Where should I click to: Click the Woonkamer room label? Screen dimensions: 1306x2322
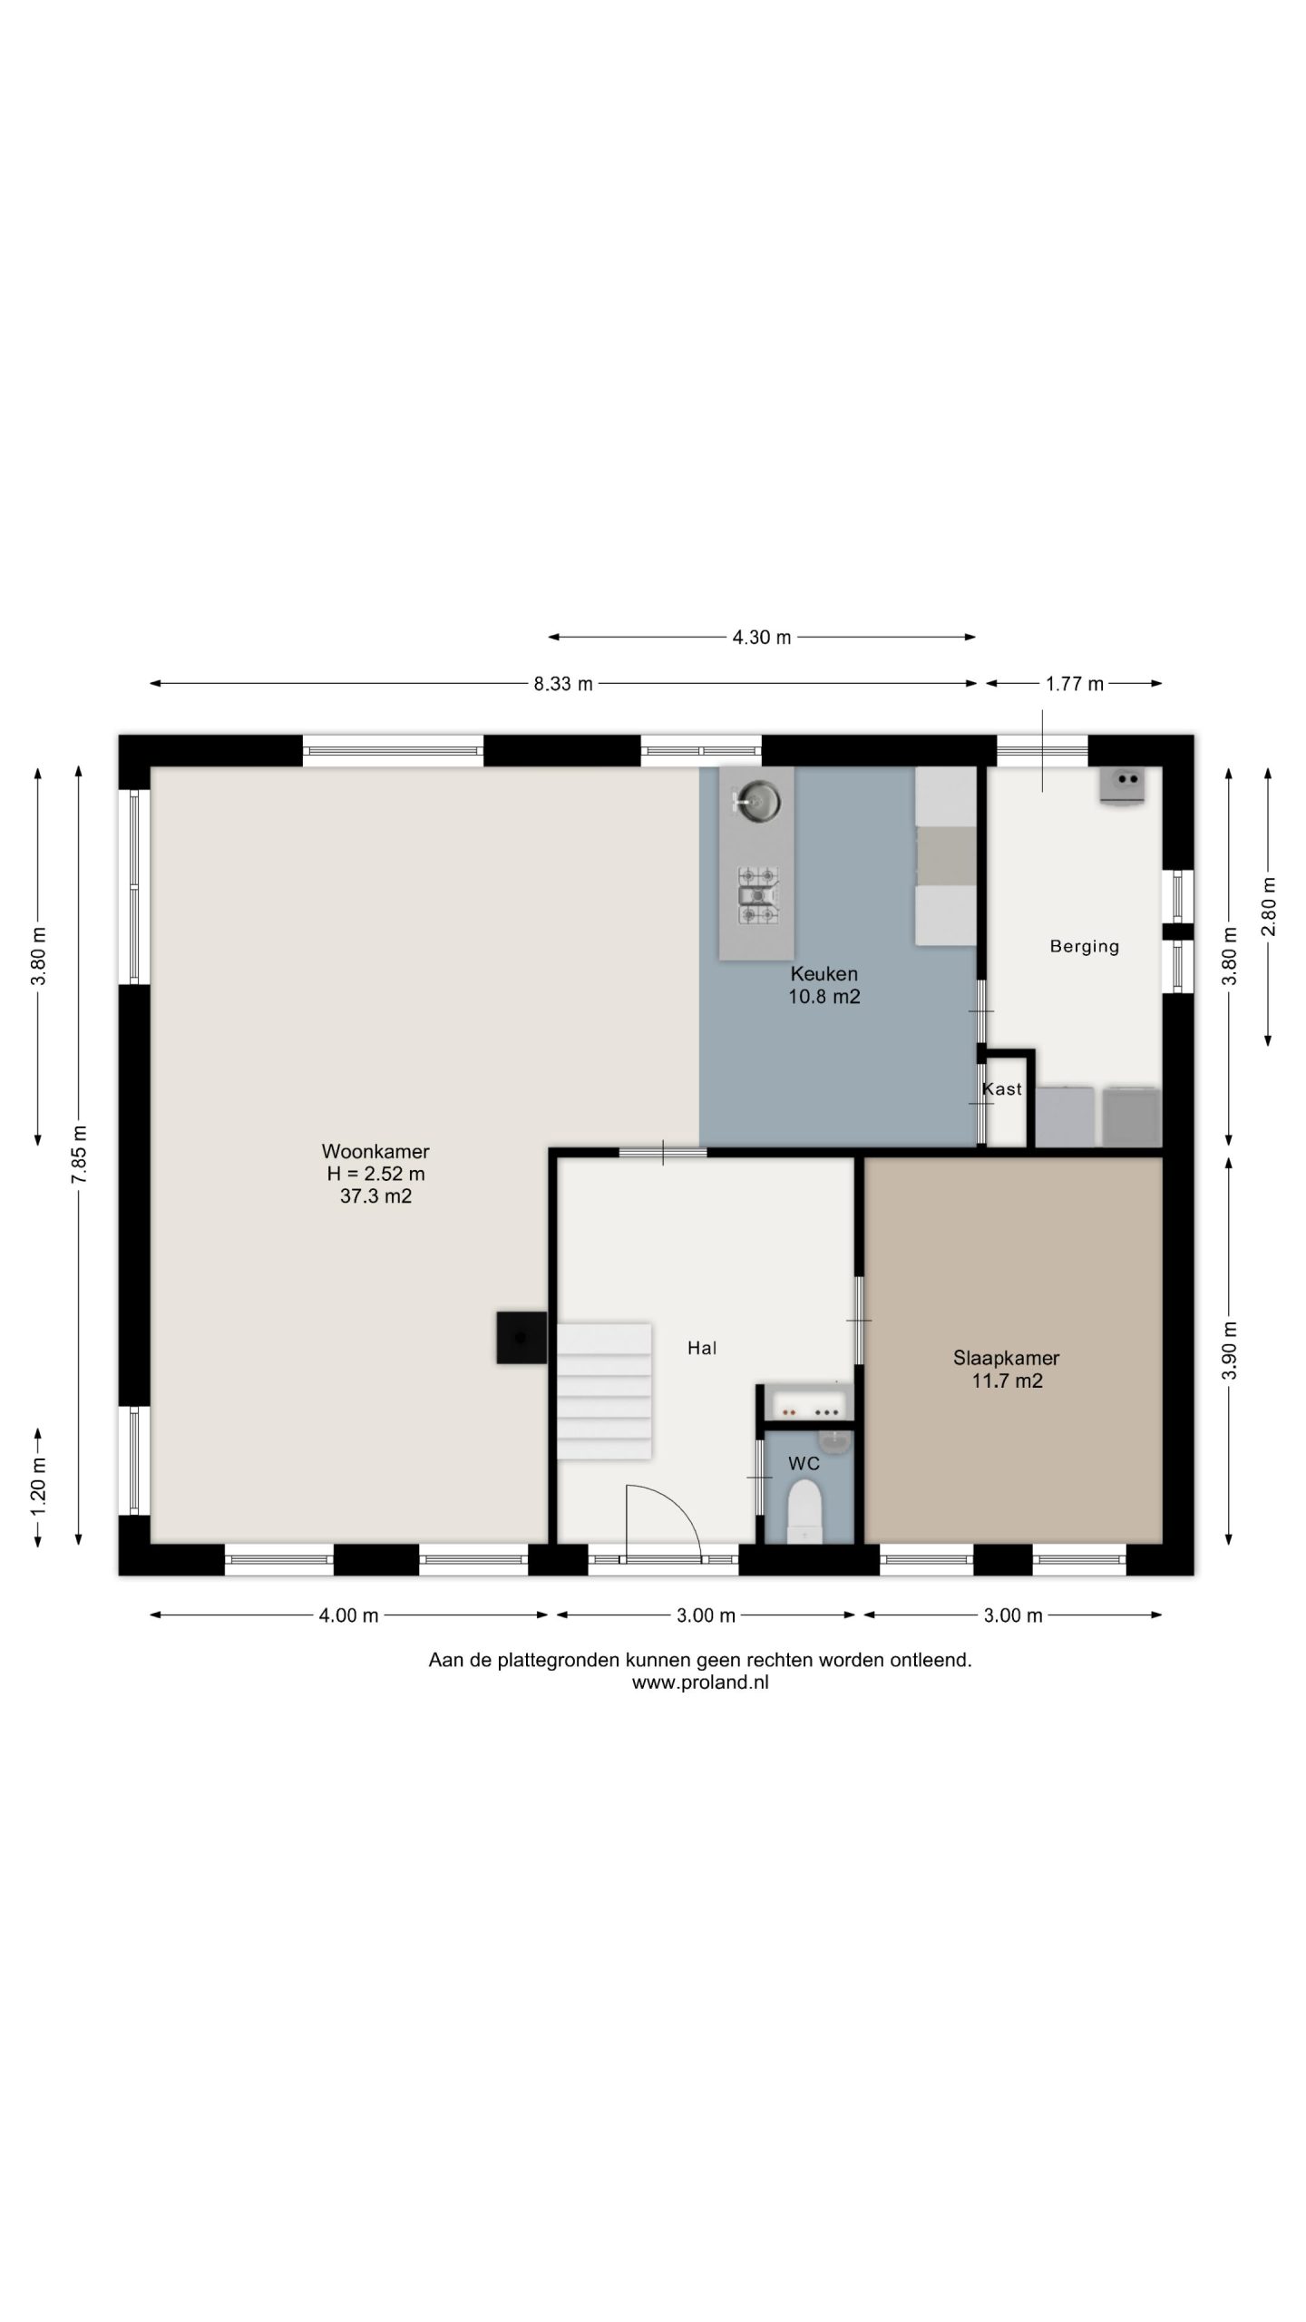pos(375,1151)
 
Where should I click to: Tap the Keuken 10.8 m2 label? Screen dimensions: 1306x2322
pos(824,985)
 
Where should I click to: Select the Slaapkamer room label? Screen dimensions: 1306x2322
pos(1007,1358)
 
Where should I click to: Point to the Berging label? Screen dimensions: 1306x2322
pos(1085,946)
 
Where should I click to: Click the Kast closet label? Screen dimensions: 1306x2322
pos(1002,1088)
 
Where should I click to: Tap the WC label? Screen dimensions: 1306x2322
pos(804,1463)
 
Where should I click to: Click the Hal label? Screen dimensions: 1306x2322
pos(702,1348)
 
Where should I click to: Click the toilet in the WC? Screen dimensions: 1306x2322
pos(804,1512)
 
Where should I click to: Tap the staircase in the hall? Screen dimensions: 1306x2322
pos(604,1391)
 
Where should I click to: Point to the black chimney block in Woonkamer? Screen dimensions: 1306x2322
pos(521,1337)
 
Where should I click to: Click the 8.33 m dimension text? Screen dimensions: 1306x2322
pos(563,684)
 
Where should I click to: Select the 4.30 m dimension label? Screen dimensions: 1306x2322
pos(762,638)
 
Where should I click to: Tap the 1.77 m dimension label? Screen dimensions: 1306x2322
pos(1075,684)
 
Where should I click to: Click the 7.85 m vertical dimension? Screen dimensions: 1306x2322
pos(80,1153)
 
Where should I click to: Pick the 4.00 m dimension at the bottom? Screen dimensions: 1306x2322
pos(348,1615)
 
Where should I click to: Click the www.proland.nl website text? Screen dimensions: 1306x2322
pos(700,1683)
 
